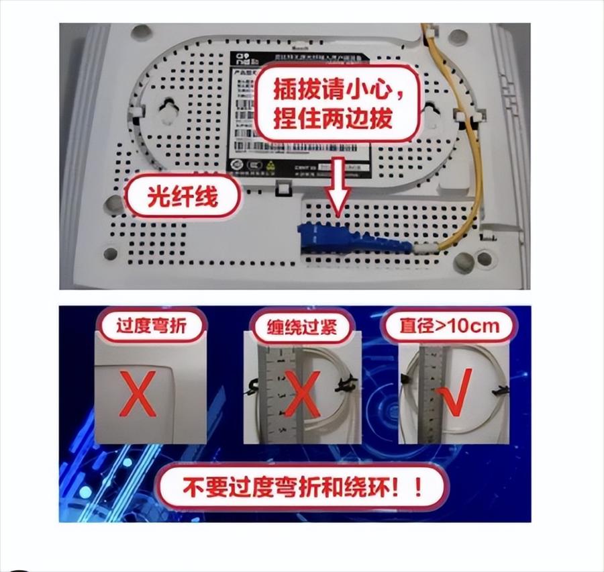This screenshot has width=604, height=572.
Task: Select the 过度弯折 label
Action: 151,327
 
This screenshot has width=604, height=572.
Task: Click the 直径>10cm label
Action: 450,327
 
